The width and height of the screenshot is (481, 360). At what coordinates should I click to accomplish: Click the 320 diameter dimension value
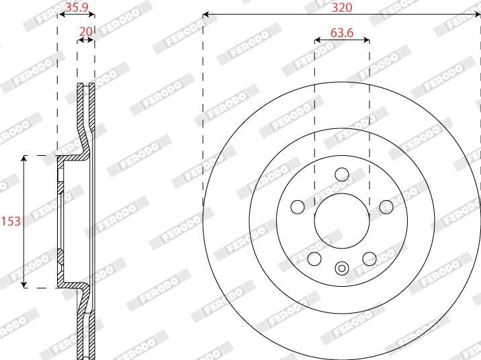point(342,7)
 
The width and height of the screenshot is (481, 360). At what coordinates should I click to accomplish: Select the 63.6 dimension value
point(342,32)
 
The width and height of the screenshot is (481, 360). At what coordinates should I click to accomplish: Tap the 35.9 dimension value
point(77,7)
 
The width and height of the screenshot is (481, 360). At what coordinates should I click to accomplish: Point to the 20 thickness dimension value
point(86,32)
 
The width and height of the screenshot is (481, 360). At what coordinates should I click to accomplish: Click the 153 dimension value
point(11,221)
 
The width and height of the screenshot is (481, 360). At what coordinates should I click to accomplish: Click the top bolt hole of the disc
point(342,175)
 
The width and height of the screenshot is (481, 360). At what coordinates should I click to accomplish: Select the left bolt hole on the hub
point(298,207)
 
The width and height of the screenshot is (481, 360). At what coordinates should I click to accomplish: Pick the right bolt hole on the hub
point(386,207)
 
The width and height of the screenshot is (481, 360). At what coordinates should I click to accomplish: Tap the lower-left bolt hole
point(314,259)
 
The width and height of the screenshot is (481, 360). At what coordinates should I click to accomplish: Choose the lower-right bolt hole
point(369,259)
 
